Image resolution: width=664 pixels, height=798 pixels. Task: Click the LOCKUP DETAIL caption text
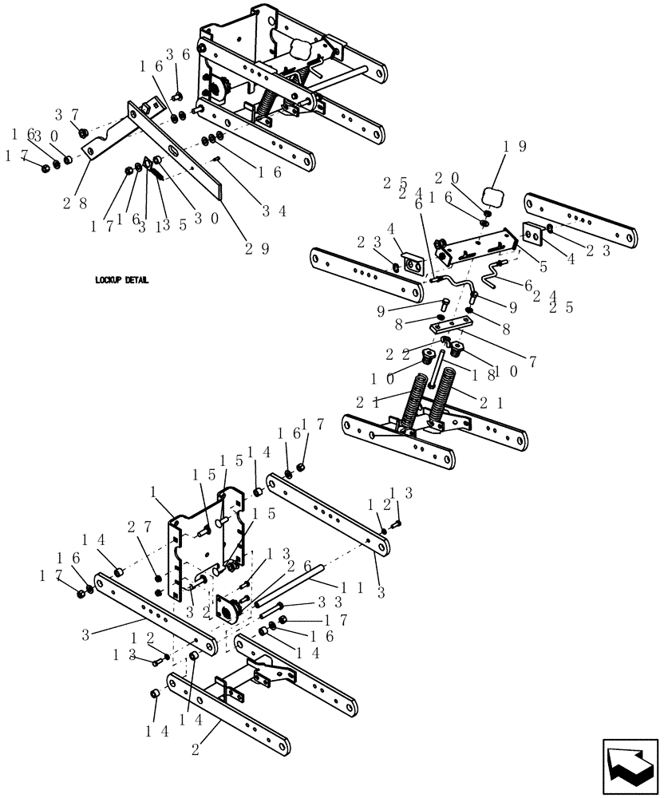[122, 281]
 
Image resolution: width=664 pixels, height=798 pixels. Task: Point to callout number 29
[256, 248]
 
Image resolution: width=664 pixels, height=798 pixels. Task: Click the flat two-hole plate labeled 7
[449, 326]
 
